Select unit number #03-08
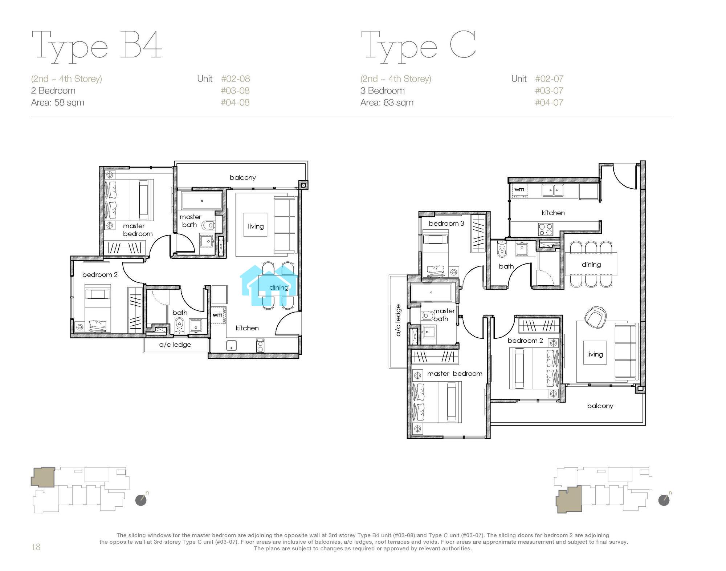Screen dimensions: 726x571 (x=235, y=91)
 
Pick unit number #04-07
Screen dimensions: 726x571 (x=549, y=102)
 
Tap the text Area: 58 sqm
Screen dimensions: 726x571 (x=58, y=102)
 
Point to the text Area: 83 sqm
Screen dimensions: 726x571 (x=387, y=102)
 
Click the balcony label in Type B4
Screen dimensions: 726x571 (x=243, y=177)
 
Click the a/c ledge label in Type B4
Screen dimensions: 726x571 (x=175, y=345)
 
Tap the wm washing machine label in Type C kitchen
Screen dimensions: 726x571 (x=519, y=189)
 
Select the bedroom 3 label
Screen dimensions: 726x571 (x=446, y=223)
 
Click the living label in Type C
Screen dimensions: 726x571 (x=595, y=354)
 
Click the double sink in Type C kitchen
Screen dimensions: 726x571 (x=553, y=190)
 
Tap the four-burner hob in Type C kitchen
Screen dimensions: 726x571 (x=545, y=229)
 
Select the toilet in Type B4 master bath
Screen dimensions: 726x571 (x=208, y=226)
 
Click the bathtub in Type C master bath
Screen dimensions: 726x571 (x=431, y=293)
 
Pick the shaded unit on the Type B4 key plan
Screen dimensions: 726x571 (x=43, y=477)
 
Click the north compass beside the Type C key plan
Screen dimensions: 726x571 (x=664, y=500)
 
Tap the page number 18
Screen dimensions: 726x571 (x=36, y=547)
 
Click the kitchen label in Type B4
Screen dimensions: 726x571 (x=247, y=328)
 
